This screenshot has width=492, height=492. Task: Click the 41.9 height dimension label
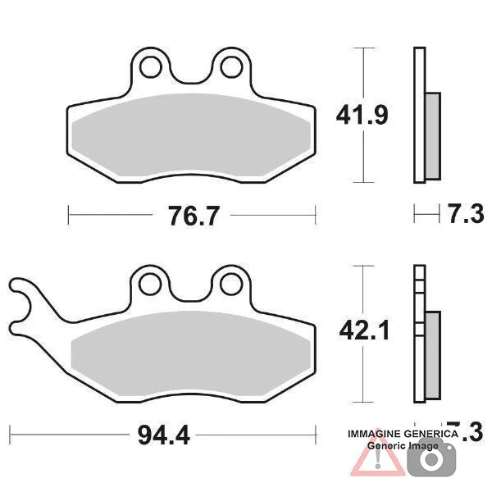(x=361, y=115)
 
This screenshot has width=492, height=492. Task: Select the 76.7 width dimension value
(x=193, y=216)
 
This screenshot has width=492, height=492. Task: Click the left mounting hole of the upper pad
(x=151, y=64)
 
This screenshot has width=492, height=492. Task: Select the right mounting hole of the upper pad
(x=231, y=64)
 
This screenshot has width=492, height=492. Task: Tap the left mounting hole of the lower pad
(x=150, y=283)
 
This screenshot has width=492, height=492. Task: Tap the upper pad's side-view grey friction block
(x=432, y=137)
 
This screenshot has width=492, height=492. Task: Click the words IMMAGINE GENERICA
(x=403, y=433)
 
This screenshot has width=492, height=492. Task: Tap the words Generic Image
(x=403, y=445)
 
